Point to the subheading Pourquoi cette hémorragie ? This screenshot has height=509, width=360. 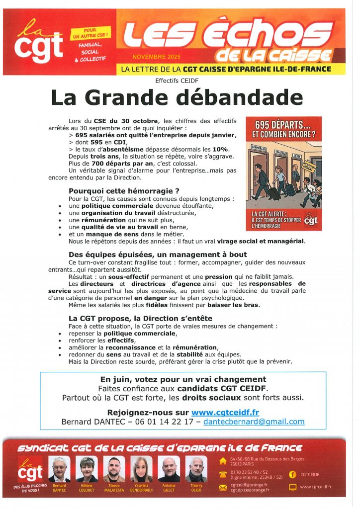124,190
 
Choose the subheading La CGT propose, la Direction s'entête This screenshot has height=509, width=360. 140,318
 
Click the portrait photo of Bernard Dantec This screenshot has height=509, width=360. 59,469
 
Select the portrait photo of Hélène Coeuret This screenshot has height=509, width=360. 87,469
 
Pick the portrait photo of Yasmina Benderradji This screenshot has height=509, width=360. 142,469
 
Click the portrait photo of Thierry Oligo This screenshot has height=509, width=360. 196,469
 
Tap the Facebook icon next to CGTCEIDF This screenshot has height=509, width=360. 293,474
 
